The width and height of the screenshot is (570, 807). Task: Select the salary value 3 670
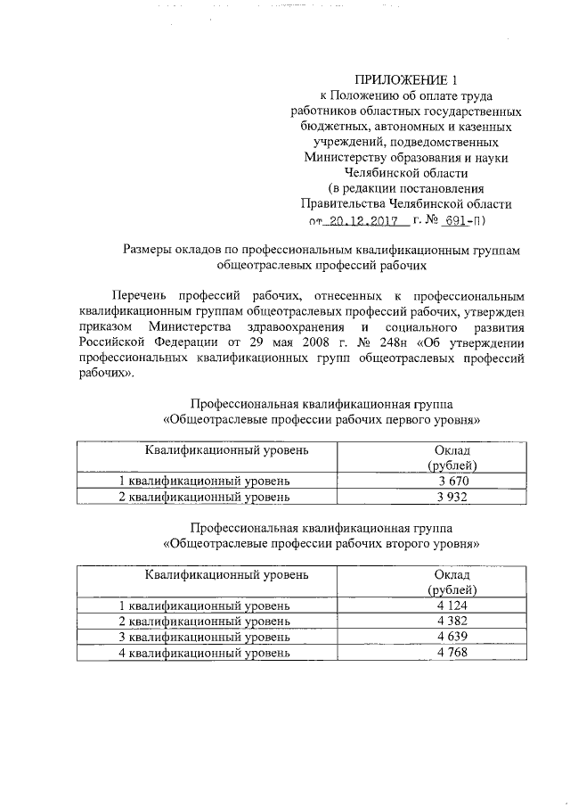(x=453, y=481)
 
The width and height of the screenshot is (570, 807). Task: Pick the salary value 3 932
(x=453, y=497)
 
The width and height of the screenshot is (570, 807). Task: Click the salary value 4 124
(x=453, y=606)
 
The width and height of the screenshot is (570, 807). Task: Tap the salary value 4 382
(x=453, y=622)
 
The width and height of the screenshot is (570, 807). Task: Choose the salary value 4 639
(x=453, y=638)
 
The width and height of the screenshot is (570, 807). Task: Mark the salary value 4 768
(x=453, y=653)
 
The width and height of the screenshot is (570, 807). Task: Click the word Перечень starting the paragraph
(x=141, y=295)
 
